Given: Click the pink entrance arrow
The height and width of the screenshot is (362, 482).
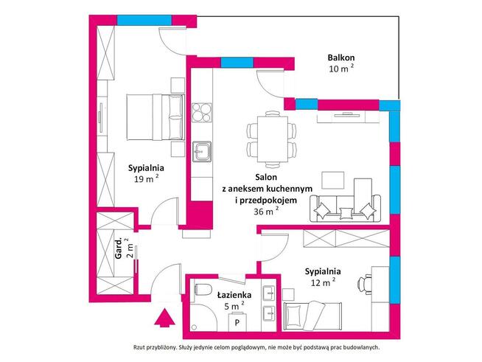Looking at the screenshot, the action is point(164,318).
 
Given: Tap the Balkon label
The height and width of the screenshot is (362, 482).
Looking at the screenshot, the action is point(341,58).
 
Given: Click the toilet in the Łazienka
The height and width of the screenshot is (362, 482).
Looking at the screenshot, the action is point(203,289).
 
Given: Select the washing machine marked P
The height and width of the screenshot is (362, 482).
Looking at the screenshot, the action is point(237,321).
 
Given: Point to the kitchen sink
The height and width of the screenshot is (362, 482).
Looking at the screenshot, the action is point(202,151).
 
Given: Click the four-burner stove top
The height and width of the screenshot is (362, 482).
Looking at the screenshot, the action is point(202,113).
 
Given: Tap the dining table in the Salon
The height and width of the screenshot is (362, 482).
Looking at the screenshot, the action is point(273,139).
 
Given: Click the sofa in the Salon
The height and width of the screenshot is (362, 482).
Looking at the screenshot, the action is point(345,208).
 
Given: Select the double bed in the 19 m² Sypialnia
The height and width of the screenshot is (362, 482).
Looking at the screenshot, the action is point(156,117).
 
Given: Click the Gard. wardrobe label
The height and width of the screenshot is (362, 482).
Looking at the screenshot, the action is point(119,248).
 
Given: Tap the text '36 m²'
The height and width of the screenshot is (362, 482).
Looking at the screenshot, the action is point(267,211).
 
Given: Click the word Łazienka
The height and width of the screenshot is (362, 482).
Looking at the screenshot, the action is point(234,295).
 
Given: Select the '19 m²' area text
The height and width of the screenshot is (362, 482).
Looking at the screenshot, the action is point(147,178).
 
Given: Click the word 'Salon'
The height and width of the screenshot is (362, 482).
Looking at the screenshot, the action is point(266,177).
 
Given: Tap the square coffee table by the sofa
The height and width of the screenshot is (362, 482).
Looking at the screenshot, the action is point(332,180).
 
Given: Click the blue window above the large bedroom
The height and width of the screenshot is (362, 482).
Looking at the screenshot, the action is point(144,21).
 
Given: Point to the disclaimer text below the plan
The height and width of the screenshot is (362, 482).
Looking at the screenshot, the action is point(256,347).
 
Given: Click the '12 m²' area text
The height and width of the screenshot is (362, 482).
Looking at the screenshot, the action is point(323,282).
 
